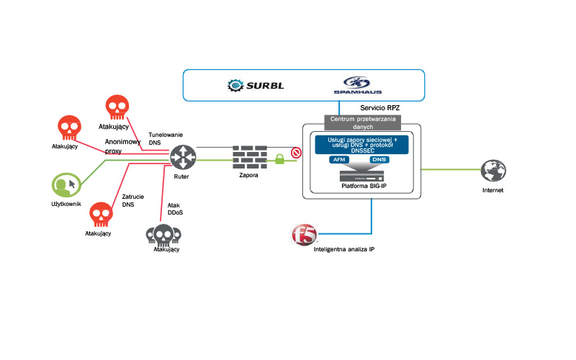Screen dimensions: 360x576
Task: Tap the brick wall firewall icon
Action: coord(249,156)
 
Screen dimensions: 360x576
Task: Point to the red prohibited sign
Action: coord(295,153)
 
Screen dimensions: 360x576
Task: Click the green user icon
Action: coord(66,185)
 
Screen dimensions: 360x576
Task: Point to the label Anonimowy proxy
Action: coord(122,147)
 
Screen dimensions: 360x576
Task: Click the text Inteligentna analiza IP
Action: coord(344,249)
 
